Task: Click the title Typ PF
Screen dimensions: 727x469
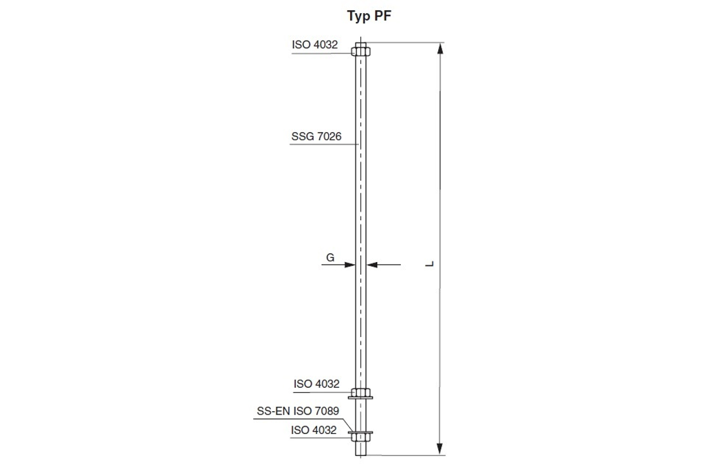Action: (x=369, y=17)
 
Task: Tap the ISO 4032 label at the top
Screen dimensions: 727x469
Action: (x=315, y=45)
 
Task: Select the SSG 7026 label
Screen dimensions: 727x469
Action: (x=316, y=136)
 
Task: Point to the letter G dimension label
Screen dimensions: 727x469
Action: (x=330, y=257)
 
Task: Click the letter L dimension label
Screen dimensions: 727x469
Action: (x=430, y=263)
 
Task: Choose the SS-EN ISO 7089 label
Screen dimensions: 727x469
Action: (x=298, y=411)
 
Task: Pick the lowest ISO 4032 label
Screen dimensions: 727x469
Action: (x=314, y=430)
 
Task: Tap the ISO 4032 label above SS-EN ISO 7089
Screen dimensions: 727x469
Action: (x=316, y=384)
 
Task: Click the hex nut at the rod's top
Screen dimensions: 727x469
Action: (x=360, y=50)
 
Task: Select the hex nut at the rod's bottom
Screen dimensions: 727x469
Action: (x=360, y=437)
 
